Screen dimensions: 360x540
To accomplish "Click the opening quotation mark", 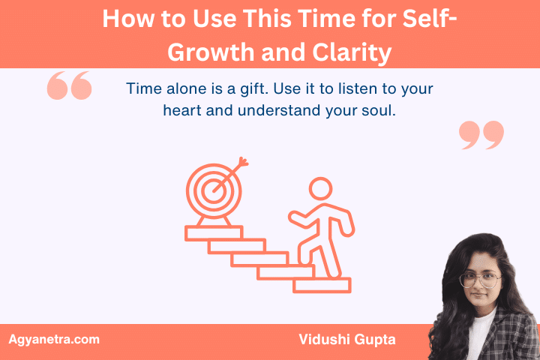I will click(69, 86).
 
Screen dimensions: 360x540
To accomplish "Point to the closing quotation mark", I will click(481, 135).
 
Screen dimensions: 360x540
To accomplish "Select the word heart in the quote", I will click(182, 111).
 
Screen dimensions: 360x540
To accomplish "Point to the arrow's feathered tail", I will click(243, 162).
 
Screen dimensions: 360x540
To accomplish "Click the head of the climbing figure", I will click(321, 189).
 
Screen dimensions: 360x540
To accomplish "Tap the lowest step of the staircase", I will click(322, 285).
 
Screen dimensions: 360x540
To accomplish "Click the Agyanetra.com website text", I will click(53, 340).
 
